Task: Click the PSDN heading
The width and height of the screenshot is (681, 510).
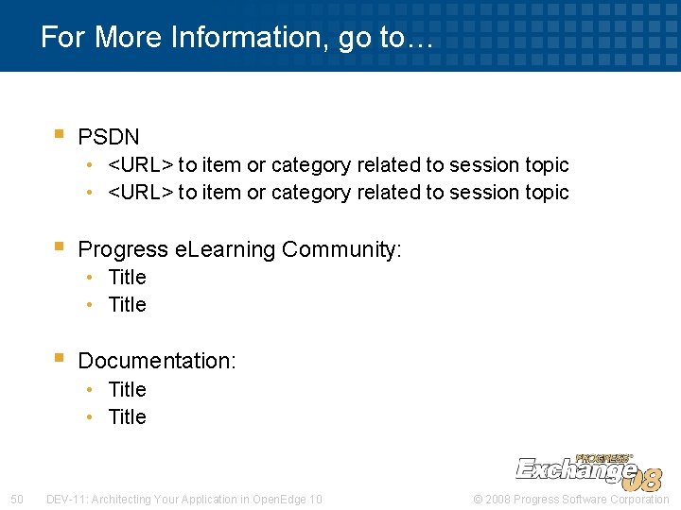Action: click(x=109, y=137)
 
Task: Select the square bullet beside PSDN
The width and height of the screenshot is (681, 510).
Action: click(x=59, y=135)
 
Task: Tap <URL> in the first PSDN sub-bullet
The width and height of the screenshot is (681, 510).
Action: click(x=141, y=164)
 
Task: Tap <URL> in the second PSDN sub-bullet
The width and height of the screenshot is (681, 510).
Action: click(x=141, y=192)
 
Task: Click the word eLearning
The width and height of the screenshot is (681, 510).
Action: click(x=226, y=249)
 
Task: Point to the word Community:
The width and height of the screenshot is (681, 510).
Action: click(x=341, y=249)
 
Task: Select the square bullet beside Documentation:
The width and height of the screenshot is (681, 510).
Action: click(x=59, y=358)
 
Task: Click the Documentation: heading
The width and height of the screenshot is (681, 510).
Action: click(x=157, y=360)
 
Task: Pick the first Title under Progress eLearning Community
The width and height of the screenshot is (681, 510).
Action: click(x=127, y=277)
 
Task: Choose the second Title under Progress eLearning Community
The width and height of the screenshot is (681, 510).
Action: click(x=127, y=304)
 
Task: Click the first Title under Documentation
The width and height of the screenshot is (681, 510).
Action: click(x=127, y=389)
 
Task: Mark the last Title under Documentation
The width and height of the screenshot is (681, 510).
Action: click(x=127, y=416)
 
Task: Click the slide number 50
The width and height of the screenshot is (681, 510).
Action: click(x=16, y=499)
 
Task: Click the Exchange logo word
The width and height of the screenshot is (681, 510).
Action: click(x=573, y=469)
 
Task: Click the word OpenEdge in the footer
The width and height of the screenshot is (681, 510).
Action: click(x=275, y=499)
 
